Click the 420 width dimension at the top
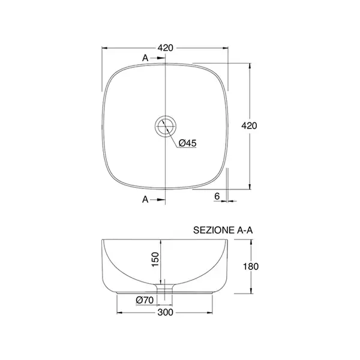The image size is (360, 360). click(x=166, y=48)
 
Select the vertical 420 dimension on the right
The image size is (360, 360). click(x=250, y=126)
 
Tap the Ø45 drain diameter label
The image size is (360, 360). click(x=188, y=143)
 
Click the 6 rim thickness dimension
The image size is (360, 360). click(x=217, y=196)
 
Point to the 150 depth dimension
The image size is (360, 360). click(x=155, y=259)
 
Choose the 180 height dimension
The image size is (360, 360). click(x=251, y=266)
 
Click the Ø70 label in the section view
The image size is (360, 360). click(x=145, y=300)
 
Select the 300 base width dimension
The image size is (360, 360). click(x=166, y=312)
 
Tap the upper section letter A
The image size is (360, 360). click(x=145, y=58)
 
